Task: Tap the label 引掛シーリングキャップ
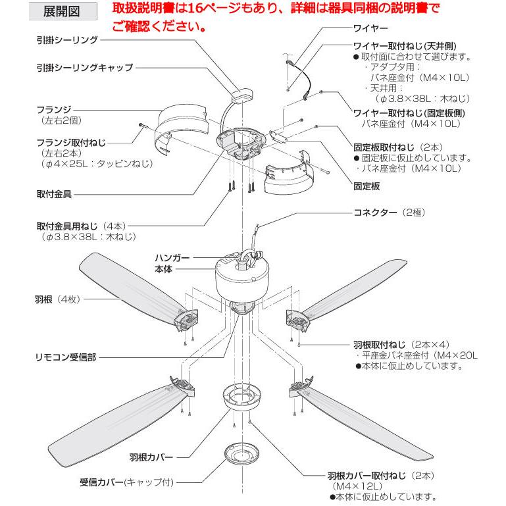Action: [x=85, y=67]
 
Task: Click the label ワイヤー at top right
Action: [x=370, y=29]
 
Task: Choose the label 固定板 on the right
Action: [x=367, y=186]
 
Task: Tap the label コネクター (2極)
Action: [x=386, y=213]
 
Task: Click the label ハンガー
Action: [x=172, y=259]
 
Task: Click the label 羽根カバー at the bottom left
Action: [x=150, y=455]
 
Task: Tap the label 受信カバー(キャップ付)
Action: [x=126, y=482]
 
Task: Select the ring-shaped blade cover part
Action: [x=242, y=398]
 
